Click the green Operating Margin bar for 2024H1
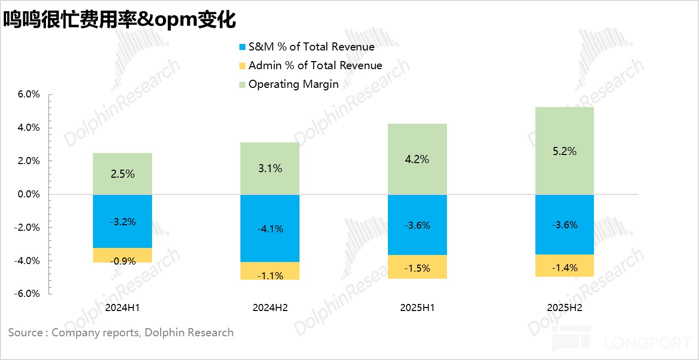click(x=122, y=162)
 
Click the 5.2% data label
click(x=565, y=151)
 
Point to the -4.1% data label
click(x=270, y=229)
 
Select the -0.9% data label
click(x=122, y=262)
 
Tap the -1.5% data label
click(x=417, y=268)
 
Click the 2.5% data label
click(x=122, y=174)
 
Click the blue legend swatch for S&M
click(x=242, y=47)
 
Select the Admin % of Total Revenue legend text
click(x=315, y=66)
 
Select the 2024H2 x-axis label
click(x=270, y=308)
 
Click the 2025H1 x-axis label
click(x=417, y=308)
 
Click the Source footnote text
click(x=121, y=333)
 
